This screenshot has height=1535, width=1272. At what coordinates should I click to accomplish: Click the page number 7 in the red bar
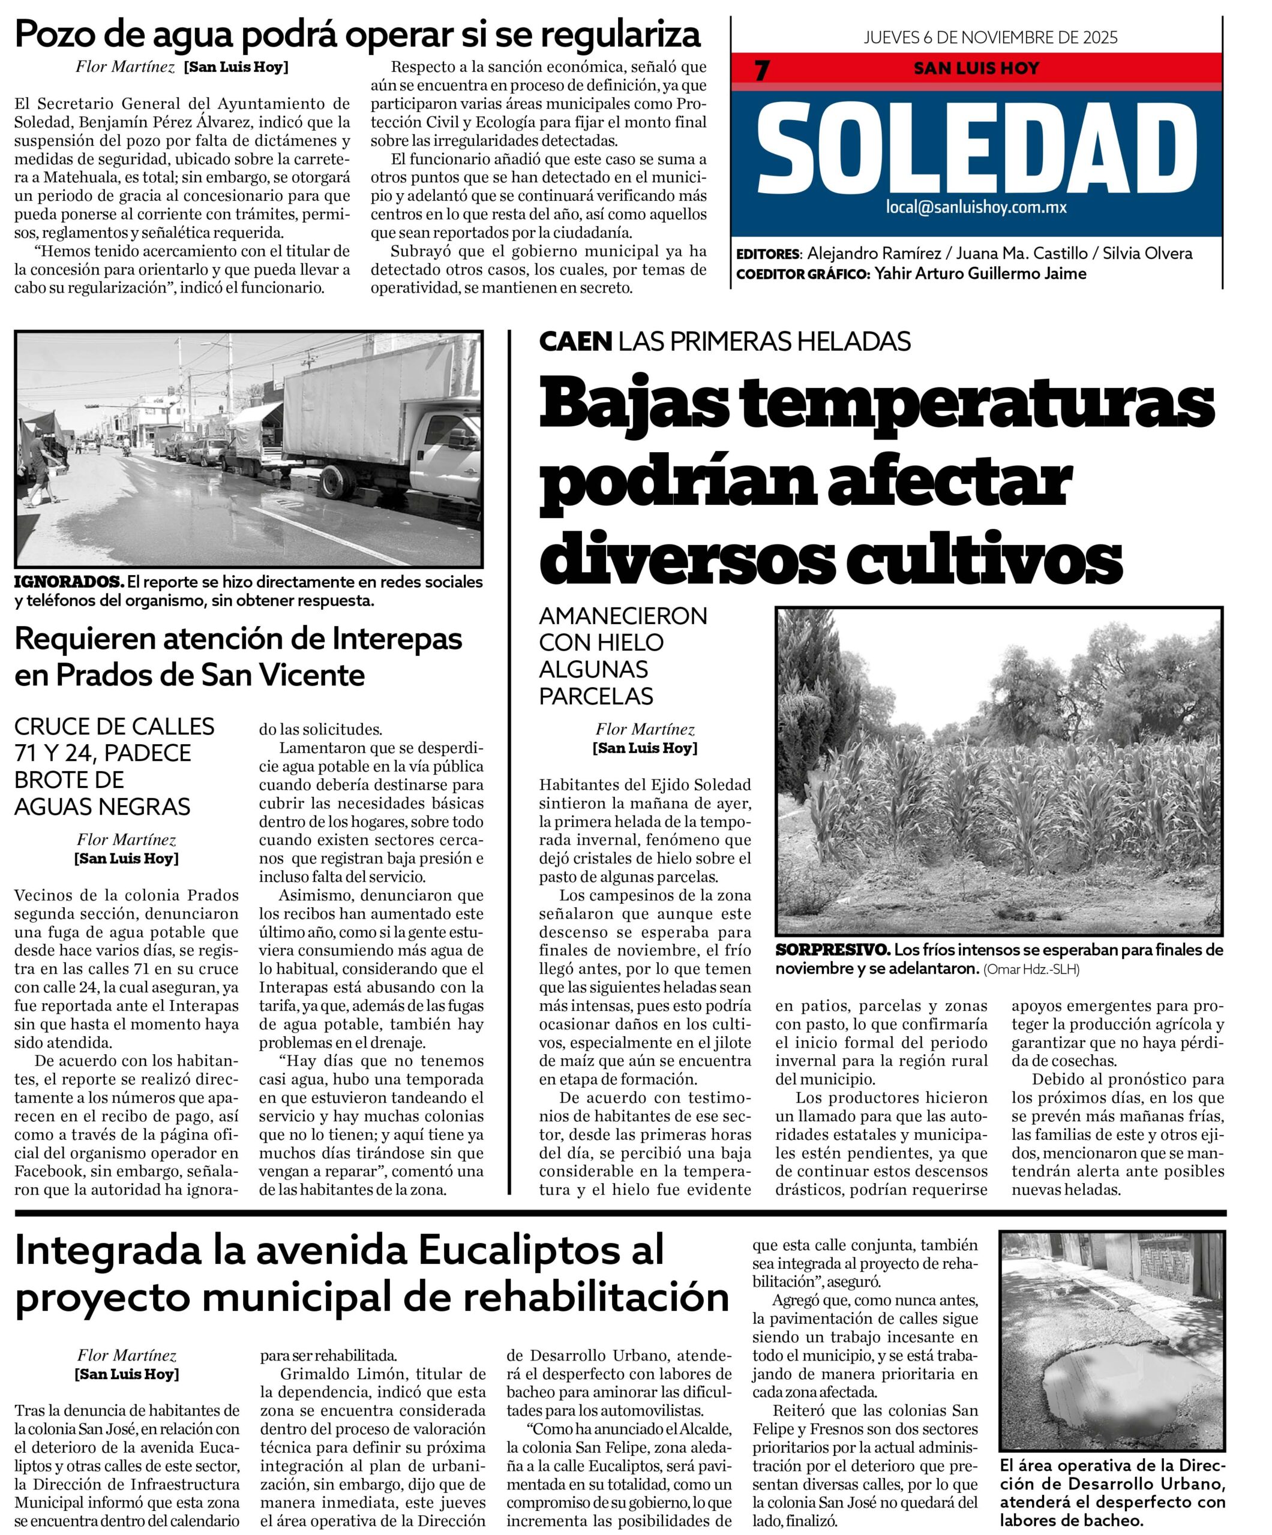(762, 70)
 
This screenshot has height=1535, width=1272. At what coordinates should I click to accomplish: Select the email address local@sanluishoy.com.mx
(976, 207)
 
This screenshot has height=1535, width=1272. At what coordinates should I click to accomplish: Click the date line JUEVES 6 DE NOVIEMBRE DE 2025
(991, 37)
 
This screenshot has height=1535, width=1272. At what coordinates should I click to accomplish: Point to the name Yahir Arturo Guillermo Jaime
(980, 273)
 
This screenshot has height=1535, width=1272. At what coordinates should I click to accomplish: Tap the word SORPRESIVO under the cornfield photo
(832, 950)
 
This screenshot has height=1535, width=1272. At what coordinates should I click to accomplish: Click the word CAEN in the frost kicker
(575, 341)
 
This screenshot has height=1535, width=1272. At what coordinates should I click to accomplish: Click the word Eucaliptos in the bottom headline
(541, 1251)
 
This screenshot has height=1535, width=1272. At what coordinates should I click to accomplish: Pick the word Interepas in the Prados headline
(397, 639)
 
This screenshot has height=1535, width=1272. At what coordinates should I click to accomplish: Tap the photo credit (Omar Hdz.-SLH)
(1031, 969)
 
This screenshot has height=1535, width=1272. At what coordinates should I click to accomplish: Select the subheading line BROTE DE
(69, 779)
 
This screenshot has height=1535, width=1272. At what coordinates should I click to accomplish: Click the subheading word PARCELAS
(595, 696)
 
